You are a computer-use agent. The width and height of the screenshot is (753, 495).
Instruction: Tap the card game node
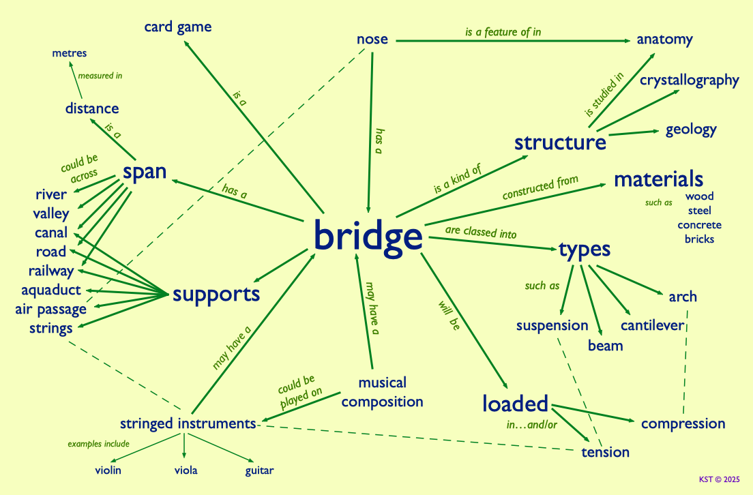click(x=178, y=27)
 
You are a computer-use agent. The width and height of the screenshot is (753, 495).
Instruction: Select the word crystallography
click(x=689, y=80)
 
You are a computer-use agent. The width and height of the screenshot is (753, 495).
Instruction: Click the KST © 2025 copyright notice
click(x=720, y=479)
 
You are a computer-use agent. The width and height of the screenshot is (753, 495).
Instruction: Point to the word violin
click(x=108, y=470)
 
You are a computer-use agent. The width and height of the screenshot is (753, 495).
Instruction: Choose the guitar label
click(x=259, y=470)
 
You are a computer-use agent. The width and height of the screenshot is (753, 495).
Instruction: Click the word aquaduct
click(x=51, y=290)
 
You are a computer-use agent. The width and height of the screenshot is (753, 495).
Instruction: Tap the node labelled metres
click(x=69, y=52)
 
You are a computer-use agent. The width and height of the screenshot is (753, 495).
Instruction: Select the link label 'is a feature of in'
click(x=503, y=32)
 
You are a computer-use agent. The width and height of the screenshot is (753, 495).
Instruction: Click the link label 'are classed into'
click(x=481, y=232)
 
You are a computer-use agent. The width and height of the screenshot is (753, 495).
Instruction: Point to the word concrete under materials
click(x=699, y=225)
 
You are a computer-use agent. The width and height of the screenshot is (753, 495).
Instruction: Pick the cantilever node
click(x=652, y=325)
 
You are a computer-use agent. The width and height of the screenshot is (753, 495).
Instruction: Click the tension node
click(x=605, y=452)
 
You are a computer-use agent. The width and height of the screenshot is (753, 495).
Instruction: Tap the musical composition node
click(x=382, y=392)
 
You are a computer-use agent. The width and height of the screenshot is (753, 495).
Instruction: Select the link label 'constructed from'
click(x=540, y=187)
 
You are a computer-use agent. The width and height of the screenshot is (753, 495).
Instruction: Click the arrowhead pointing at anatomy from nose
click(x=627, y=41)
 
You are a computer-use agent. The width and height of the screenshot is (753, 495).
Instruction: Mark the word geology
click(x=691, y=130)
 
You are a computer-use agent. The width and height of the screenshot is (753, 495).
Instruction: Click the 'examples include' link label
click(x=98, y=444)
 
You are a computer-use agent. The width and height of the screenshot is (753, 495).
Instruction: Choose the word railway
click(x=51, y=271)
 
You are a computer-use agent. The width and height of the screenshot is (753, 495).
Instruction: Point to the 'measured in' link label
click(x=100, y=76)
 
